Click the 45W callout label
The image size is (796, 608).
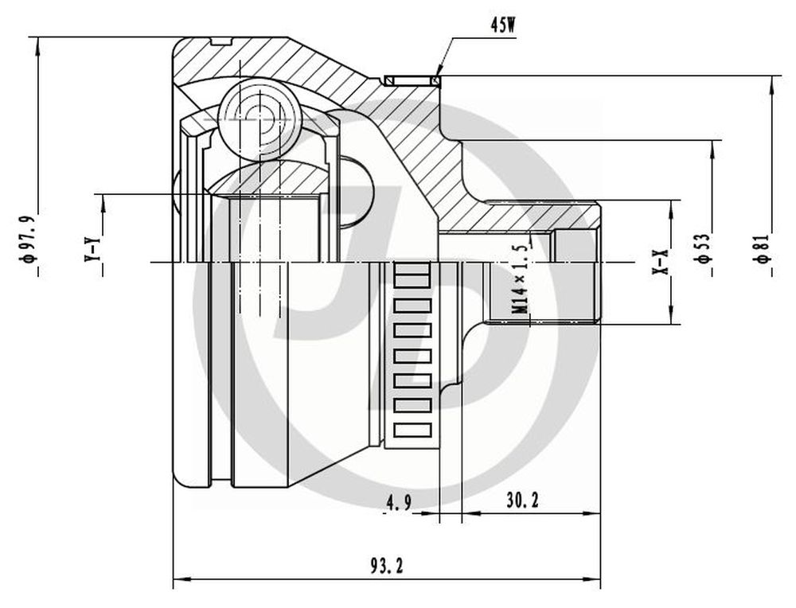pos(502,25)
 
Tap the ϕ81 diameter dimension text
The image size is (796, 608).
pos(763,248)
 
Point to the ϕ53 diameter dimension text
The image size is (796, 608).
pos(703,248)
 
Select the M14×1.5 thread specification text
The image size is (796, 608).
pos(521,279)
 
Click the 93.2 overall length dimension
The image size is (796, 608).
pos(387,565)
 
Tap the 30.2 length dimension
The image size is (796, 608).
pos(522,501)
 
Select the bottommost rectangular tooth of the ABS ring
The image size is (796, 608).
pos(412,431)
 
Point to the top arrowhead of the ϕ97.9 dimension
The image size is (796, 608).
pos(37,47)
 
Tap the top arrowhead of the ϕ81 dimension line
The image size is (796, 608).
pos(771,85)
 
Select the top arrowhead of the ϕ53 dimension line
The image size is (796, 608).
pos(712,149)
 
